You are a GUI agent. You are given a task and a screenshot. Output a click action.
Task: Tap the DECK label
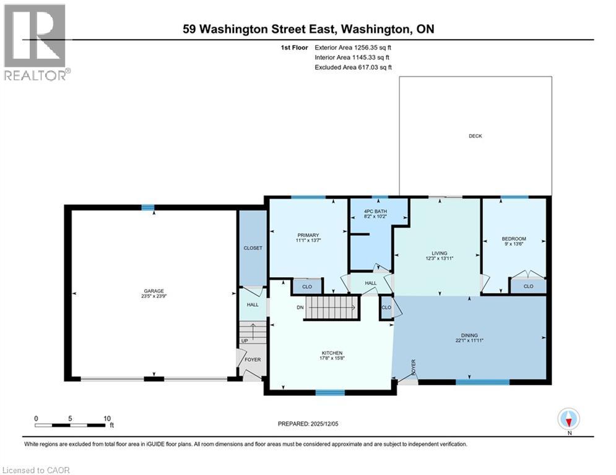point(475,136)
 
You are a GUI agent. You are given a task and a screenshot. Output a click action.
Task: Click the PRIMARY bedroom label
point(308,235)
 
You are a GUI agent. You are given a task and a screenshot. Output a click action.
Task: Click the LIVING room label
point(440,254)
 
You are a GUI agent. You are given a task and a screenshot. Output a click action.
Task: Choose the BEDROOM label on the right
point(514,239)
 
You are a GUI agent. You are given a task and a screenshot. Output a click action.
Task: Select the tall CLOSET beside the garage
point(253,247)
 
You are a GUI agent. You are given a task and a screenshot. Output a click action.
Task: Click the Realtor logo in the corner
point(35,41)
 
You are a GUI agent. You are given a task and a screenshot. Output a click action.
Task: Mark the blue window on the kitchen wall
point(330,392)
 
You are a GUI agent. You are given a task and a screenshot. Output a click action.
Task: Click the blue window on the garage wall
point(147,208)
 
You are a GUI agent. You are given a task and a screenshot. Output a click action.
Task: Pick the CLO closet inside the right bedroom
point(528,286)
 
